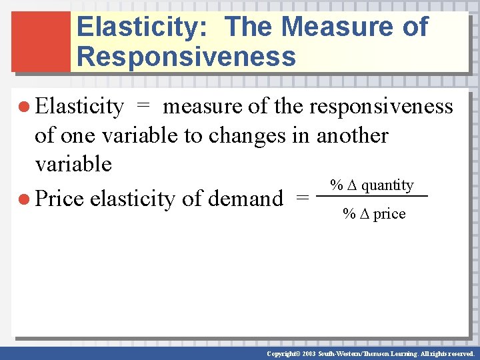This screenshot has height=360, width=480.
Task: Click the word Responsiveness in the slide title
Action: point(186,57)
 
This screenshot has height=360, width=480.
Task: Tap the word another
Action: point(352,135)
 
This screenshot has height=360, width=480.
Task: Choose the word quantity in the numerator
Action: point(387,185)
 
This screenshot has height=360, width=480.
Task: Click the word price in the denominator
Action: point(390,214)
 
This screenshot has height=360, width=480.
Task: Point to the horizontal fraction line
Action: point(371,196)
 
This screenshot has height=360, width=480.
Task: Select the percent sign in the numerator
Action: point(337,185)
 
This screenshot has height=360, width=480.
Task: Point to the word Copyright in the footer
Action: point(281,353)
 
